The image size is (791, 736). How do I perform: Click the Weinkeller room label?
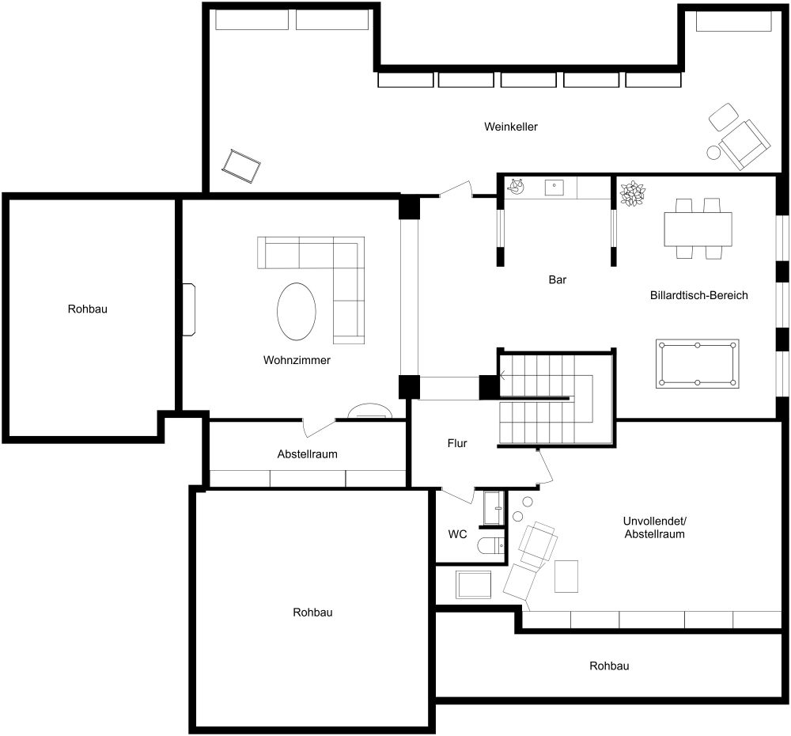(511, 127)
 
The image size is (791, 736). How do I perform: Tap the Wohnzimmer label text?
(297, 360)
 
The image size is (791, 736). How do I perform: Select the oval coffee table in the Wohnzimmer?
(297, 310)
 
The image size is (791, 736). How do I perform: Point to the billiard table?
(697, 364)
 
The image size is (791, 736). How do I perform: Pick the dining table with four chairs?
(698, 229)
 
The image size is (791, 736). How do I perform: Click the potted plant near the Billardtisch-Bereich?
(633, 193)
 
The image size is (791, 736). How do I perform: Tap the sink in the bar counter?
(554, 188)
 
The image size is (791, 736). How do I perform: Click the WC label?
(457, 534)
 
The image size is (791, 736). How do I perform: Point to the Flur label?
(457, 444)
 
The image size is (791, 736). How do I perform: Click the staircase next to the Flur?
(554, 400)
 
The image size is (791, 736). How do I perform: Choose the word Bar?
(558, 279)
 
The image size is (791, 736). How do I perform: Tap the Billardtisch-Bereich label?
(698, 295)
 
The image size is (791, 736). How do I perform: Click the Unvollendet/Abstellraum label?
(653, 528)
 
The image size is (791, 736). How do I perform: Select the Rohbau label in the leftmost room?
(87, 309)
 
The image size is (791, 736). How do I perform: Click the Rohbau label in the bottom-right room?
(609, 666)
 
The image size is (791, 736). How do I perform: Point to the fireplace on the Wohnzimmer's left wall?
(189, 309)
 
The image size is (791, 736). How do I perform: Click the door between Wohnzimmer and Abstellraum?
(319, 427)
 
